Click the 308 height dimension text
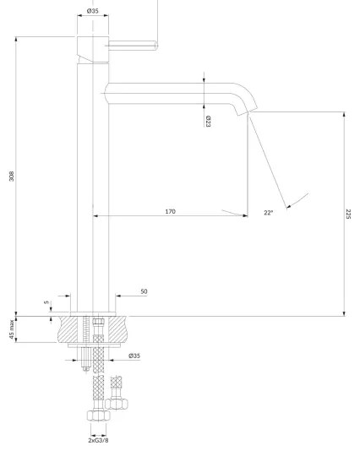(x=10, y=177)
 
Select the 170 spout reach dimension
(x=170, y=211)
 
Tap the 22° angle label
(x=269, y=213)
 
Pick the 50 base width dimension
(x=144, y=291)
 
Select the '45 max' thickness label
(x=10, y=330)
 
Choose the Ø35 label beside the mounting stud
(x=134, y=356)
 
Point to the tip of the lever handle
(x=156, y=46)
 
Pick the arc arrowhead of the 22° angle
(x=288, y=204)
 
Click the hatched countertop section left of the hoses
(x=69, y=330)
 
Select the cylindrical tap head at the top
(x=92, y=46)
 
